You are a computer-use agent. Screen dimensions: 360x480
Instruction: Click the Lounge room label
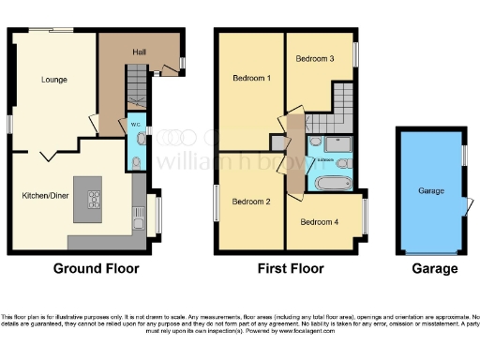(53, 80)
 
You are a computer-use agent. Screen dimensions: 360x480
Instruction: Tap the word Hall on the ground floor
(138, 52)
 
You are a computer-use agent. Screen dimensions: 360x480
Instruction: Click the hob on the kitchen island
(94, 198)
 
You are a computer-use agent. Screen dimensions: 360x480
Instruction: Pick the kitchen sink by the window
(139, 222)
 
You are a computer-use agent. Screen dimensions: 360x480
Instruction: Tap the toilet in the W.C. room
(137, 162)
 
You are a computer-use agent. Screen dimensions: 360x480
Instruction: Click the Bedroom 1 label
(251, 79)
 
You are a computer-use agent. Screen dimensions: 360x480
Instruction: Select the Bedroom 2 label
(250, 202)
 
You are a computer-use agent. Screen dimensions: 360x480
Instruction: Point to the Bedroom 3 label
(315, 59)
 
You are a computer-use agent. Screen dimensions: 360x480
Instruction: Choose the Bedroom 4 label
(320, 222)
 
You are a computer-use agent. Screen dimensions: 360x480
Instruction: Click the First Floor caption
(291, 269)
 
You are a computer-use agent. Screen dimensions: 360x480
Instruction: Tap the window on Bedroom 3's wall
(356, 53)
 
